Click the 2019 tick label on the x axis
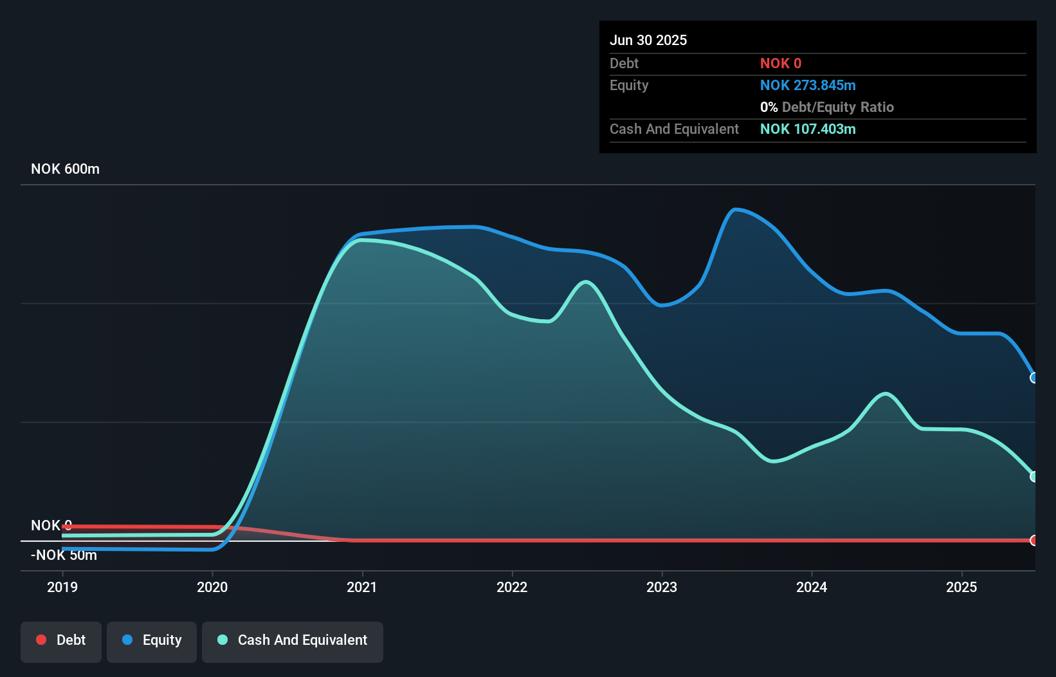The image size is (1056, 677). (x=62, y=587)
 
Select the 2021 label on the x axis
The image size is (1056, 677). (x=362, y=587)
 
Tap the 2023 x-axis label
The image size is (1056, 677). (x=662, y=587)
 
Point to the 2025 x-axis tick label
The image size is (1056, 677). (x=961, y=587)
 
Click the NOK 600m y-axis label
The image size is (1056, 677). (x=65, y=169)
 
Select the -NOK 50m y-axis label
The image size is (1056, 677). (x=64, y=555)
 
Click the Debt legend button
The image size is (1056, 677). (x=61, y=640)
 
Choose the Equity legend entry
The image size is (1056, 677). (x=152, y=640)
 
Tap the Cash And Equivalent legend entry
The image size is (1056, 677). (x=293, y=640)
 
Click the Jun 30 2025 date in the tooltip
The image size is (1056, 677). (x=648, y=40)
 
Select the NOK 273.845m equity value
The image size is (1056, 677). (x=808, y=86)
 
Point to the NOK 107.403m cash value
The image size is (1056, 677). (x=808, y=129)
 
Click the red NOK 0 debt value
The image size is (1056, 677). (x=781, y=64)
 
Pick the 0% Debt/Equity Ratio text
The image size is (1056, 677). (x=827, y=107)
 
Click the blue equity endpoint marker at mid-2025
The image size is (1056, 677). (x=1033, y=378)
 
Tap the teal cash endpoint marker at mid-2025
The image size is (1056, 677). (x=1033, y=477)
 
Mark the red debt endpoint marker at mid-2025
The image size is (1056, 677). (x=1033, y=541)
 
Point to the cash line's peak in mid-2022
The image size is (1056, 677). (x=585, y=282)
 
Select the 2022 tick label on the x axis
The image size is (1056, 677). (x=512, y=587)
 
